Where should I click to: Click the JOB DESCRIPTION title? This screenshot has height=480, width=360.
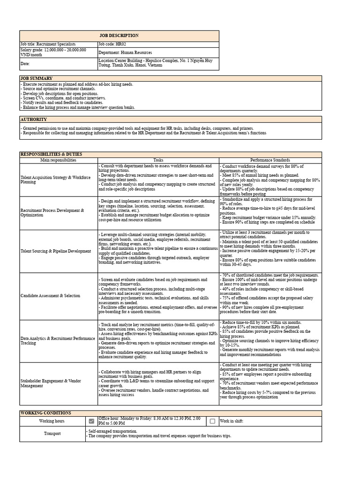(x=119, y=36)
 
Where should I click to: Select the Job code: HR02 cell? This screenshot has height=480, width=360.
(x=112, y=44)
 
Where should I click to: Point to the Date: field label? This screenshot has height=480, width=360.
(x=25, y=63)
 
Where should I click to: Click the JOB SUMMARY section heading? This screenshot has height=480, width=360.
(x=37, y=78)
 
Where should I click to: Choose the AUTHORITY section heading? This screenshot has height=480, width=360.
(x=34, y=120)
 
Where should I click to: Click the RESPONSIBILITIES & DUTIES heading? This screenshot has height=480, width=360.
(x=51, y=154)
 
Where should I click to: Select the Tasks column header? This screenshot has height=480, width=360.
(x=158, y=160)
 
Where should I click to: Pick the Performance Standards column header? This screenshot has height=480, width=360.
(x=270, y=160)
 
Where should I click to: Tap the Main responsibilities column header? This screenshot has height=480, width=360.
(x=58, y=160)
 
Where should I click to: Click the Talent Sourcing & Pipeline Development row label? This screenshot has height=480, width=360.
(x=56, y=251)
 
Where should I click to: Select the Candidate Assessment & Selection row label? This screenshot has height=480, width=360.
(x=50, y=296)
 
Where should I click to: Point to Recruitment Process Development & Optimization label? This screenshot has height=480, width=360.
(x=52, y=213)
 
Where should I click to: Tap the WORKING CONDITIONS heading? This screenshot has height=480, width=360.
(x=45, y=413)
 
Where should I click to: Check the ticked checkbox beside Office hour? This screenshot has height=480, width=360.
(x=91, y=421)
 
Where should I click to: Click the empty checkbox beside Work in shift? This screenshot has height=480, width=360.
(x=212, y=421)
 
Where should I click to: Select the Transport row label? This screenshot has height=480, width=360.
(x=52, y=434)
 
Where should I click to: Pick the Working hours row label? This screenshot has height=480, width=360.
(x=52, y=421)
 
